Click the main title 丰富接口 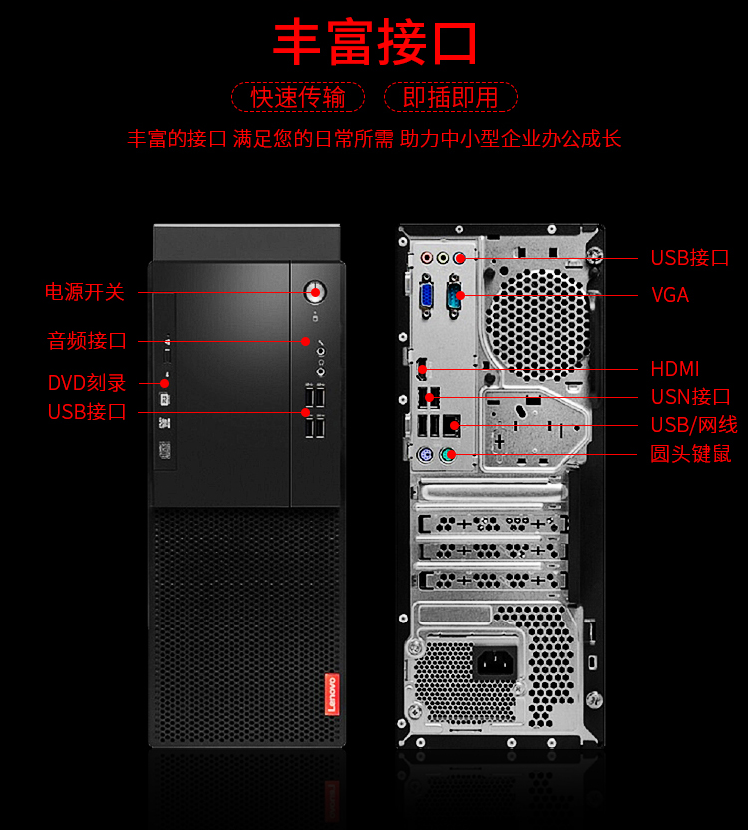pyautogui.click(x=375, y=42)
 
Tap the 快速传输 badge pyautogui.click(x=298, y=97)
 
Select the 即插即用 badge pyautogui.click(x=451, y=97)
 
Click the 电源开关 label pyautogui.click(x=85, y=292)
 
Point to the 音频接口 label pyautogui.click(x=87, y=341)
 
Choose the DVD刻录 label pyautogui.click(x=87, y=383)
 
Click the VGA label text pyautogui.click(x=670, y=295)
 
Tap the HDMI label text pyautogui.click(x=675, y=369)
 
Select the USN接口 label pyautogui.click(x=691, y=397)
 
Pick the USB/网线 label pyautogui.click(x=694, y=425)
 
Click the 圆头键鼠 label pyautogui.click(x=691, y=454)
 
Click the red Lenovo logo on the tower pyautogui.click(x=332, y=694)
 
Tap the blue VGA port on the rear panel pyautogui.click(x=426, y=297)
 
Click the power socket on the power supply pyautogui.click(x=496, y=662)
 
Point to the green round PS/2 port pyautogui.click(x=449, y=454)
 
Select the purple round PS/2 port pyautogui.click(x=425, y=455)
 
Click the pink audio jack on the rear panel pyautogui.click(x=427, y=258)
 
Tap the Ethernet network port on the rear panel pyautogui.click(x=451, y=425)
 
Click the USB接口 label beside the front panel pyautogui.click(x=87, y=412)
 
